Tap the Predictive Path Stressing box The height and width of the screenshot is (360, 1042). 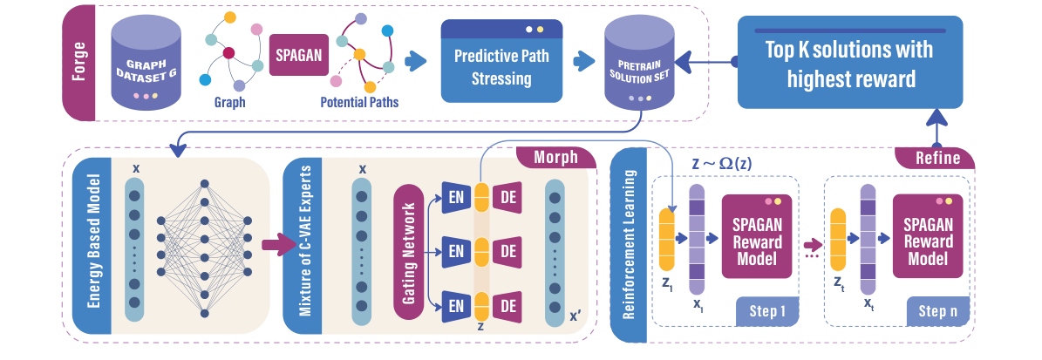(x=501, y=60)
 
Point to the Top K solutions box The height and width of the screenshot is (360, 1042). (x=850, y=63)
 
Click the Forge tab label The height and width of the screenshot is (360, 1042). (x=78, y=63)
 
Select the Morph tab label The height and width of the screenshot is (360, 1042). (x=555, y=158)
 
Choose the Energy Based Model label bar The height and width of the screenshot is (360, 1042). (x=91, y=246)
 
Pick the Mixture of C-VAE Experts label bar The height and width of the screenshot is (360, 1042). (x=303, y=246)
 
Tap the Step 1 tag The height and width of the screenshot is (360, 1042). (x=767, y=311)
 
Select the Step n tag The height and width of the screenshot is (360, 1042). (x=938, y=311)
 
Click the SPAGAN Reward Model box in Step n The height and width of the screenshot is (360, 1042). (x=928, y=236)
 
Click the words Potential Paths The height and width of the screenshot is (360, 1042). (x=359, y=102)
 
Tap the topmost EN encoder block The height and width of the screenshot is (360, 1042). (x=457, y=197)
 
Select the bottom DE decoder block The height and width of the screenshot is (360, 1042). (x=508, y=306)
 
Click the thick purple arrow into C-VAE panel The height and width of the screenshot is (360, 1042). (x=278, y=245)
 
